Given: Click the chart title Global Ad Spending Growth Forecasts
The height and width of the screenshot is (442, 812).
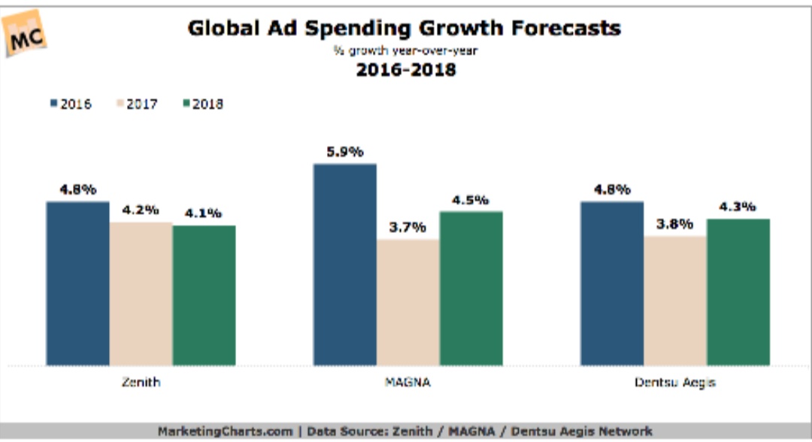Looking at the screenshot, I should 404,29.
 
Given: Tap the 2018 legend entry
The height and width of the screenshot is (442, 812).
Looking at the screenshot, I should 201,104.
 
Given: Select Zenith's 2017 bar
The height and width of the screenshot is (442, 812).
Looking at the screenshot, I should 141,293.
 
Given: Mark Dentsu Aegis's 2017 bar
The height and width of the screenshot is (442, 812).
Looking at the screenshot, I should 675,300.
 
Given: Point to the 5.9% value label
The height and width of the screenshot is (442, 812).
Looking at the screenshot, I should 344,152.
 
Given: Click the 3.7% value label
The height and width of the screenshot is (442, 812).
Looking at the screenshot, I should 408,227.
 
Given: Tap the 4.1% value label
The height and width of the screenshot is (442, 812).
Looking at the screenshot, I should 204,213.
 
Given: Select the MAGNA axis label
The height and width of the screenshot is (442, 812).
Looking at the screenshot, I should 408,383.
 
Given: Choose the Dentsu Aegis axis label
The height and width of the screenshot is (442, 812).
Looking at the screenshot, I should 674,383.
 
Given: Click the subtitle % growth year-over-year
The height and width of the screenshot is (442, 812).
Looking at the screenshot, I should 405,51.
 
